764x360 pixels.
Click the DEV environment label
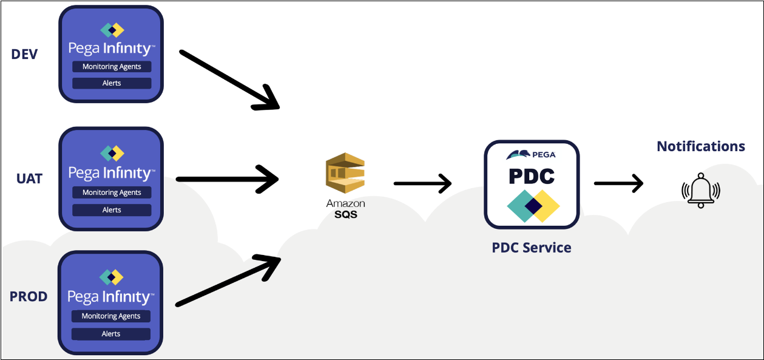click(x=24, y=55)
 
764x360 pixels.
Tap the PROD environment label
click(x=29, y=297)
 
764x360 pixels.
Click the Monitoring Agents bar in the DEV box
click(x=112, y=67)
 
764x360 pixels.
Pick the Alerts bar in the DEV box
click(x=112, y=83)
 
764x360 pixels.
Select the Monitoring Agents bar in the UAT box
click(x=112, y=192)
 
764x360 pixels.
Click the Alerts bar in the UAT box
click(x=112, y=210)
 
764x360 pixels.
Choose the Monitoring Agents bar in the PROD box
click(x=111, y=316)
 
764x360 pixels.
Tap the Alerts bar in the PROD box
click(x=111, y=334)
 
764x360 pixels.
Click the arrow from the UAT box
click(x=226, y=180)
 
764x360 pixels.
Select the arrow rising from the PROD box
click(x=228, y=280)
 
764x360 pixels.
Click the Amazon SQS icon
click(x=345, y=174)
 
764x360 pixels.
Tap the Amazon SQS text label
click(x=346, y=209)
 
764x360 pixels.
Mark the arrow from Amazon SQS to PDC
click(x=422, y=183)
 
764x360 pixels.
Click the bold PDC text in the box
click(x=532, y=176)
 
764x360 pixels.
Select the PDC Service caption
click(x=532, y=248)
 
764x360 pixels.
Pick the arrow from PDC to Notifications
click(x=618, y=183)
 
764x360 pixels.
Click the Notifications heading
click(x=701, y=146)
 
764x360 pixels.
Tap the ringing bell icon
click(x=701, y=190)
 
